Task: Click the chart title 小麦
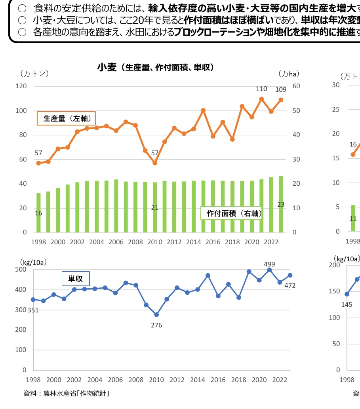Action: coord(107,67)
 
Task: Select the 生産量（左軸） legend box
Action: coord(67,118)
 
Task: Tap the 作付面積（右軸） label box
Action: coord(232,213)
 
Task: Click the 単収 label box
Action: coord(76,279)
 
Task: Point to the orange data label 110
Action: coord(261,89)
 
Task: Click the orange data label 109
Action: coord(281,90)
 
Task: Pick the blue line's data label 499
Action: coord(269,264)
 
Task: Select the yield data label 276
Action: coord(156,325)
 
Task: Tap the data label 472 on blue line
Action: coord(290,285)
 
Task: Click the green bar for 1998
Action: coord(38,213)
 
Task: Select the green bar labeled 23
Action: coord(281,204)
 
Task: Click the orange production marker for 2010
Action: coord(155,163)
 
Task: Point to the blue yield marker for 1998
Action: coord(33,299)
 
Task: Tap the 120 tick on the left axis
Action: coord(21,86)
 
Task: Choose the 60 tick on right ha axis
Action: coord(296,86)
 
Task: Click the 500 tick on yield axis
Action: coord(21,270)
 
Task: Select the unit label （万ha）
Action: coord(289,74)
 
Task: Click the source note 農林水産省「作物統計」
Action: coord(67,394)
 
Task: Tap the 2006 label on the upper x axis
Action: coord(116,242)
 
